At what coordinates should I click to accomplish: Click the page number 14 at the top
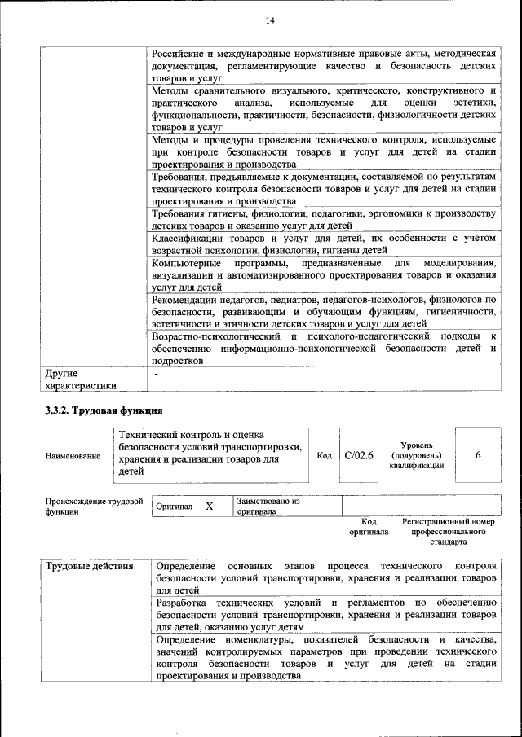click(270, 20)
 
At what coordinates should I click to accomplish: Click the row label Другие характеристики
click(81, 379)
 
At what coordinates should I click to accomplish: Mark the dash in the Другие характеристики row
click(155, 373)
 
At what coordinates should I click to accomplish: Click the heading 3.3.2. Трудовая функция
click(104, 410)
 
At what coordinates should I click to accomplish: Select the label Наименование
click(73, 457)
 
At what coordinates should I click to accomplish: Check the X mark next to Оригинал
click(209, 507)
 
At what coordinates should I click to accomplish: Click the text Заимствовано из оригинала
click(269, 507)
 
